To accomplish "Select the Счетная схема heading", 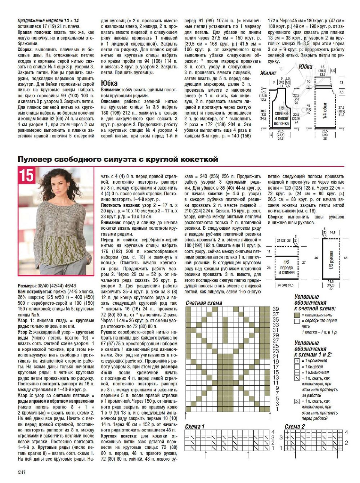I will point(204,303).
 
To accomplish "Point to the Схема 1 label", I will point(195,426).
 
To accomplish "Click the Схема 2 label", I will point(294,426).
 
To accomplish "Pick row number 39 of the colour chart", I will point(276,309).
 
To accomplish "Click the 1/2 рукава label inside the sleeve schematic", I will point(331,258).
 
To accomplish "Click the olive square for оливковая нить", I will point(297,315).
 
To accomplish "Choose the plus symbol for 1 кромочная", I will point(297,361).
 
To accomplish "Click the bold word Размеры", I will point(27,285).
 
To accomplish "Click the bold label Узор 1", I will point(25,320).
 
